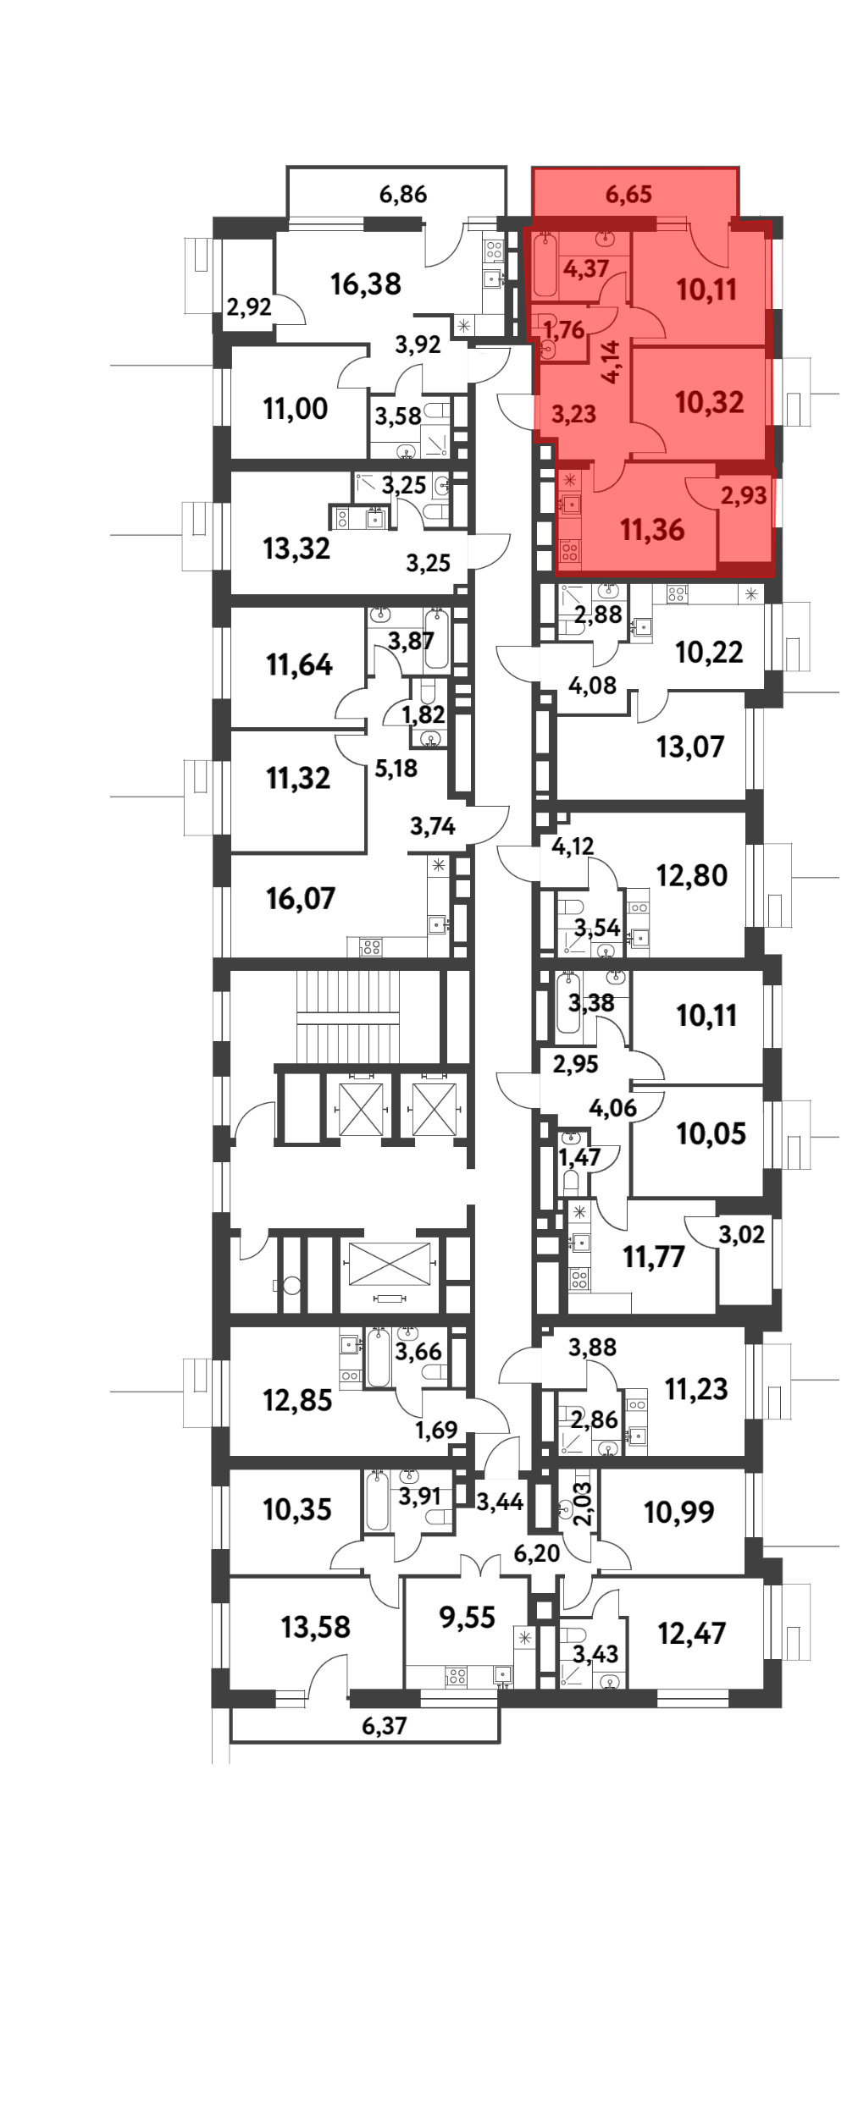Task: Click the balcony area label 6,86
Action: [403, 195]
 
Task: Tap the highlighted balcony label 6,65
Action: [628, 195]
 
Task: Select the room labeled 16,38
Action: [366, 284]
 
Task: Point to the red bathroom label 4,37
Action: [586, 269]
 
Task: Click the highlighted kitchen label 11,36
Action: [652, 531]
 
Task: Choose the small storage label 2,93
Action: [744, 496]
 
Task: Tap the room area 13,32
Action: [296, 549]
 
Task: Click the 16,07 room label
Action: [301, 898]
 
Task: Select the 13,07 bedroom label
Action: [690, 747]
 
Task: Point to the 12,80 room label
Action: [692, 875]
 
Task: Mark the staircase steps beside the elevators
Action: [347, 1009]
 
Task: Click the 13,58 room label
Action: [316, 1627]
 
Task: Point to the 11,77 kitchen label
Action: [654, 1258]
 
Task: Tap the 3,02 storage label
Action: [742, 1235]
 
